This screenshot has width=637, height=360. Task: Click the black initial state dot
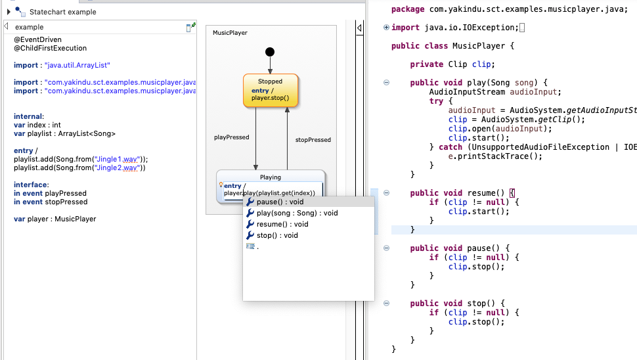pos(269,53)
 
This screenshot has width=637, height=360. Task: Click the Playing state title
pos(271,177)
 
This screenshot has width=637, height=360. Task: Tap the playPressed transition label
pos(232,137)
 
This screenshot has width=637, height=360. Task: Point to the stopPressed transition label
pos(313,140)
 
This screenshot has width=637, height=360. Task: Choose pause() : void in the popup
pos(280,202)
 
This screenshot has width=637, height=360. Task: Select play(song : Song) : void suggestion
pos(297,214)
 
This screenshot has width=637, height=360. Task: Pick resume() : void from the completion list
pos(282,225)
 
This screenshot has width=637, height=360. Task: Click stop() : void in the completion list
pos(277,235)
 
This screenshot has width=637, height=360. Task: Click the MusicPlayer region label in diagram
pos(230,33)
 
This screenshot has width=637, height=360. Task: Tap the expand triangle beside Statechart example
pos(9,12)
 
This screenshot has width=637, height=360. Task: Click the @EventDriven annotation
pos(38,40)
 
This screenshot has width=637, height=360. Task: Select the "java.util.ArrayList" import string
pos(77,66)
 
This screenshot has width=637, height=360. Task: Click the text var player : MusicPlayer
pos(55,219)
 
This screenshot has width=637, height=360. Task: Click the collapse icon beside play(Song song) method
pos(386,82)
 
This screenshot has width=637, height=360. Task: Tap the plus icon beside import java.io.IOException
pos(386,28)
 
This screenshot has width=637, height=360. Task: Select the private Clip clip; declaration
pos(452,64)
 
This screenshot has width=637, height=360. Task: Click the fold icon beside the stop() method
pos(386,304)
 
